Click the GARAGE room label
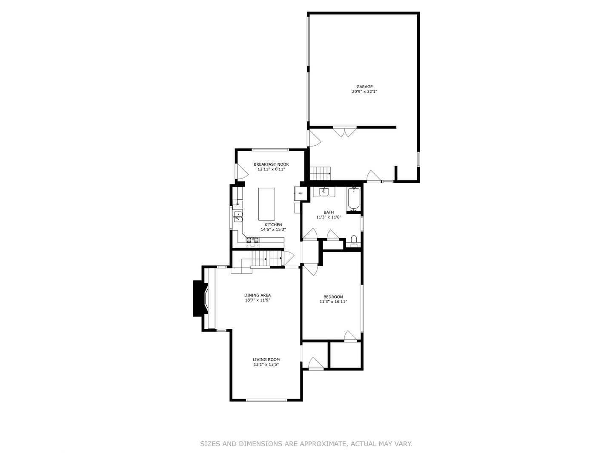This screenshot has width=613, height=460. click(364, 87)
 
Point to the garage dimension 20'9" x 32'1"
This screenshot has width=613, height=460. click(364, 92)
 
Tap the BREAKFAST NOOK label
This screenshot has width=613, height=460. click(271, 164)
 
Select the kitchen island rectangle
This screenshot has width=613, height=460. click(267, 204)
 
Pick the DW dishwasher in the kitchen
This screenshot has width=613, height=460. click(237, 204)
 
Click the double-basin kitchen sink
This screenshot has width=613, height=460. click(238, 217)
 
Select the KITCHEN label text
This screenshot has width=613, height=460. click(273, 225)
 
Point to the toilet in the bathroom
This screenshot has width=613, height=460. click(354, 240)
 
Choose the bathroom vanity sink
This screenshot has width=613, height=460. click(324, 192)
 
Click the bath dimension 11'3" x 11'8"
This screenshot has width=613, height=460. click(329, 217)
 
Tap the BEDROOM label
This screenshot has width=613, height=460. click(333, 297)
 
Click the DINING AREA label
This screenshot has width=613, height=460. click(258, 295)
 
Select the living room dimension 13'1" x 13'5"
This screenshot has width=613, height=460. click(266, 365)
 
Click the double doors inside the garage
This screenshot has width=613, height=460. click(345, 132)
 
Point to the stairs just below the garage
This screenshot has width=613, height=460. click(320, 173)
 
